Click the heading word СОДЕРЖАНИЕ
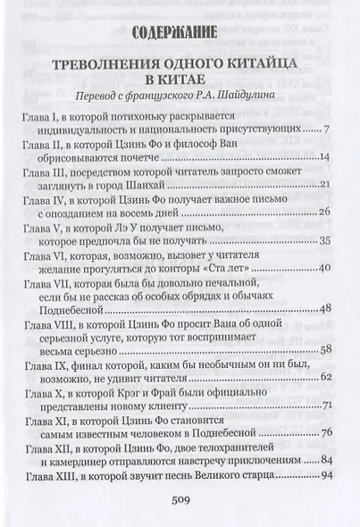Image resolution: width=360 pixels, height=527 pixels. [179, 34]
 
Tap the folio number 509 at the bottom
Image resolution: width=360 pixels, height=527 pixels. [180, 501]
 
